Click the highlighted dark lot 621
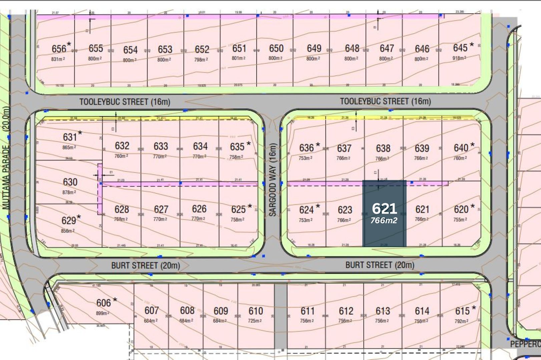pos(384,213)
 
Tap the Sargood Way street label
pos(273,180)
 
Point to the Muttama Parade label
pos(6,158)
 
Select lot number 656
pos(59,49)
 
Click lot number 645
pos(460,48)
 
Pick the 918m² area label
pos(459,58)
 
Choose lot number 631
pos(70,137)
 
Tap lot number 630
pos(70,182)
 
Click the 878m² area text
pos(69,192)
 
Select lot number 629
pos(69,220)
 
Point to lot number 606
pos(103,303)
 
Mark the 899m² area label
pos(102,313)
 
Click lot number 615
pos(462,311)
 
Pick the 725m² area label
pos(255,321)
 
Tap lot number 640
pos(461,148)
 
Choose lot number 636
pos(306,148)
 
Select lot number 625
pos(238,209)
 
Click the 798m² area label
pos(201,59)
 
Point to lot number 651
pos(239,49)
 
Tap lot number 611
pos(308,311)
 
